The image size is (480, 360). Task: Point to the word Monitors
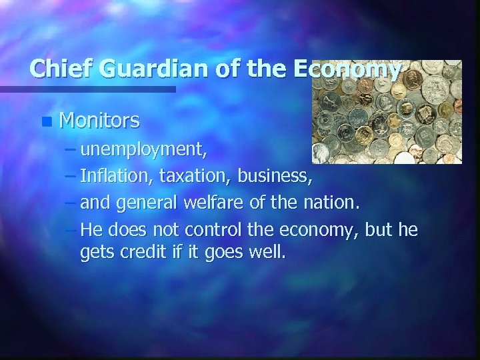(99, 121)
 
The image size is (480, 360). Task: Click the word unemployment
(143, 149)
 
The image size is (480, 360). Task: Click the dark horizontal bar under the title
(87, 89)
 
